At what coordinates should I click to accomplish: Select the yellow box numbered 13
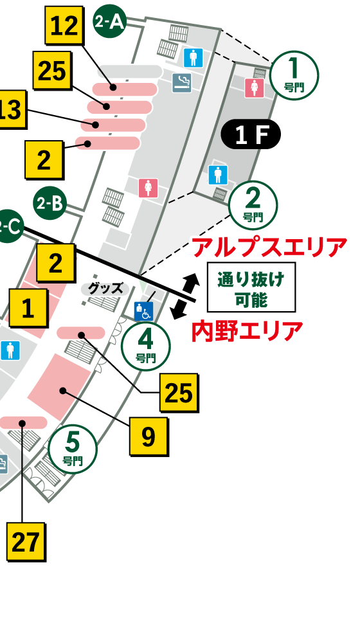pyautogui.click(x=10, y=110)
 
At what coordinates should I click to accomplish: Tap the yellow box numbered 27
pyautogui.click(x=26, y=542)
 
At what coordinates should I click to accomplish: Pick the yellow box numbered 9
pyautogui.click(x=148, y=437)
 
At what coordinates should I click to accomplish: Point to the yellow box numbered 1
pyautogui.click(x=28, y=308)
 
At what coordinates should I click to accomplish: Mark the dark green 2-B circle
pyautogui.click(x=50, y=204)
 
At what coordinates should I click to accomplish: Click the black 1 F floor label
pyautogui.click(x=251, y=135)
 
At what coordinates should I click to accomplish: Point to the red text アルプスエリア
pyautogui.click(x=270, y=246)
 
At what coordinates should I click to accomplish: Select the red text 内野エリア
pyautogui.click(x=248, y=332)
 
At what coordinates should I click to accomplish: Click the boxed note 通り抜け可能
pyautogui.click(x=251, y=287)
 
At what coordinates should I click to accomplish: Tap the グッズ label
pyautogui.click(x=105, y=289)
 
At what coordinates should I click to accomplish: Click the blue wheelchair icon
pyautogui.click(x=143, y=312)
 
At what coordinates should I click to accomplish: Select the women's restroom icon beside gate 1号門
pyautogui.click(x=255, y=88)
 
